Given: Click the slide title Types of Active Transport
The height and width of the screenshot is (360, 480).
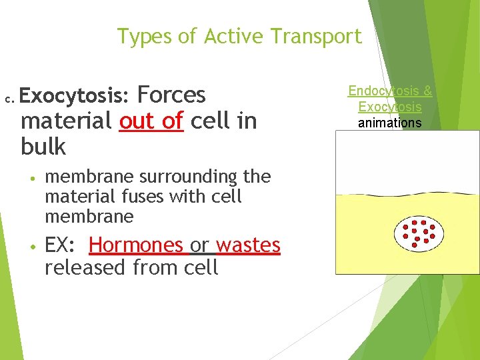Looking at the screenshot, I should [239, 36].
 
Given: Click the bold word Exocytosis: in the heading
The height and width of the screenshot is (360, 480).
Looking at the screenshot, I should [74, 96].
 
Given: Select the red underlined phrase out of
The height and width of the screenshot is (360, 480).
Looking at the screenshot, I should [151, 121].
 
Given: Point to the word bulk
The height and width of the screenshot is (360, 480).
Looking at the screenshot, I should [43, 147].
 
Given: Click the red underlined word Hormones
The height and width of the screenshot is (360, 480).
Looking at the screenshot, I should [136, 245].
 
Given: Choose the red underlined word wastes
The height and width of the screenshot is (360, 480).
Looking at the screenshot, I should [248, 245].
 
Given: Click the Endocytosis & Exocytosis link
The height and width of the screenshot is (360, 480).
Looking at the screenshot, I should [390, 99].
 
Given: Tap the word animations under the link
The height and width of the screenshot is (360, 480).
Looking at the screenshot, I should [390, 123].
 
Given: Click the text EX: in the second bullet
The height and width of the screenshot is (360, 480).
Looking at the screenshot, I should [61, 245].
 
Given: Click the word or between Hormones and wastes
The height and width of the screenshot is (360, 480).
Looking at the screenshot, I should [199, 245].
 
